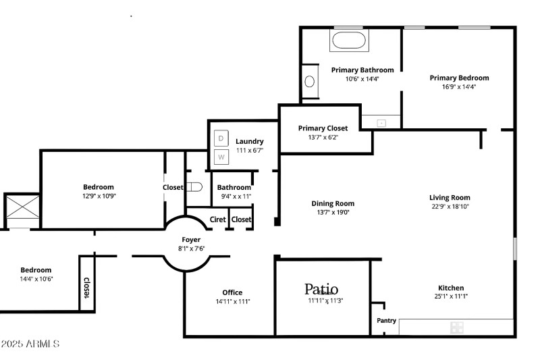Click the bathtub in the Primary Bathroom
348,41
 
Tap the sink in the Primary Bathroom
310,82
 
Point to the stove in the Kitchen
457,328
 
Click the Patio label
321,289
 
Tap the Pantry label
386,321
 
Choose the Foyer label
191,240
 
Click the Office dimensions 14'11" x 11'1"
233,302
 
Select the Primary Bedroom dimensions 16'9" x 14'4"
459,86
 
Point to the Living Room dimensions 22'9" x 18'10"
450,207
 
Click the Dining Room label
333,203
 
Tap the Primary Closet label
323,128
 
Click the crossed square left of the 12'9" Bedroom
22,211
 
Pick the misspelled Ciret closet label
218,220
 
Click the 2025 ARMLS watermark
30,344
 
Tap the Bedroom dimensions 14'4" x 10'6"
36,279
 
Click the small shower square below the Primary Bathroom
381,123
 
